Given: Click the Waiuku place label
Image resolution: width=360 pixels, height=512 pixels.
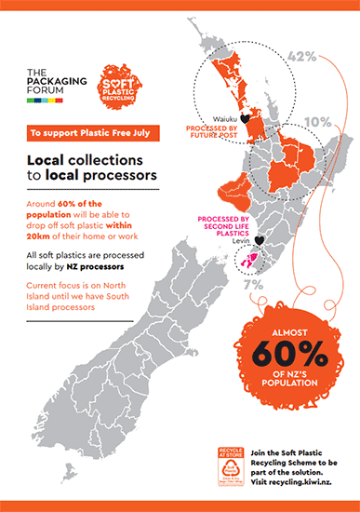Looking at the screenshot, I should pyautogui.click(x=223, y=119).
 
